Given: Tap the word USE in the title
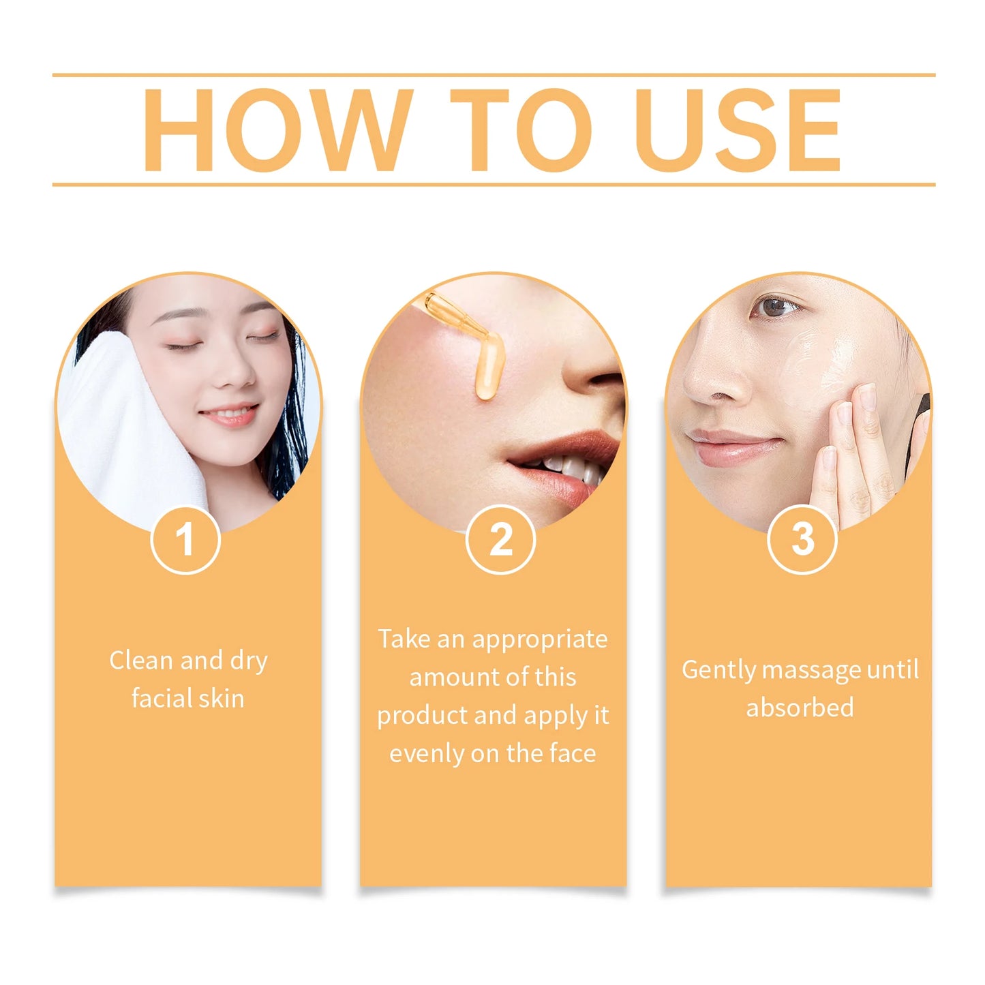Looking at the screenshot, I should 738,130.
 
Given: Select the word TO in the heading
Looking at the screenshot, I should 521,130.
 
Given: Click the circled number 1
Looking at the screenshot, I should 185,539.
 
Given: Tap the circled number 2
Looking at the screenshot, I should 501,539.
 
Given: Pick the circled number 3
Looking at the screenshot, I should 802,539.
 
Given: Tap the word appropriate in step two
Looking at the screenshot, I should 539,640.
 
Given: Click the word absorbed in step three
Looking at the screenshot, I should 800,708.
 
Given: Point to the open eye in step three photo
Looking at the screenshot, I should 776,307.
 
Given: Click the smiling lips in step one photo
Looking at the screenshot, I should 230,414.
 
